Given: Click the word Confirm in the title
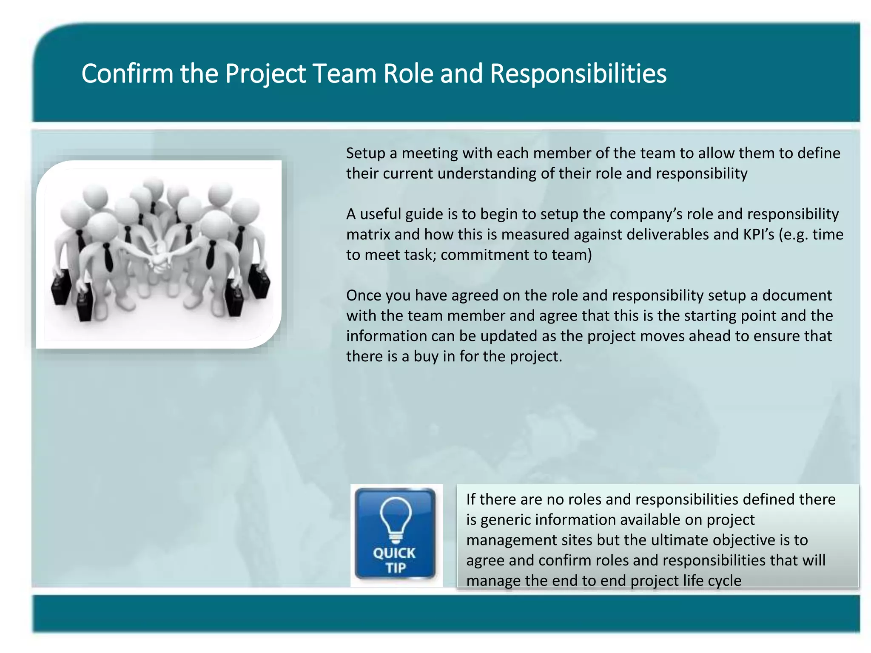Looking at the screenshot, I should tap(127, 74).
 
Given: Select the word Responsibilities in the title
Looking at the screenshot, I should tap(578, 74).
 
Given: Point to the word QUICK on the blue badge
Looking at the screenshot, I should tap(394, 553).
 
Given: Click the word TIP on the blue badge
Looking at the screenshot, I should tap(396, 568).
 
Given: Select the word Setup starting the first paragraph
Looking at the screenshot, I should tap(365, 153).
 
